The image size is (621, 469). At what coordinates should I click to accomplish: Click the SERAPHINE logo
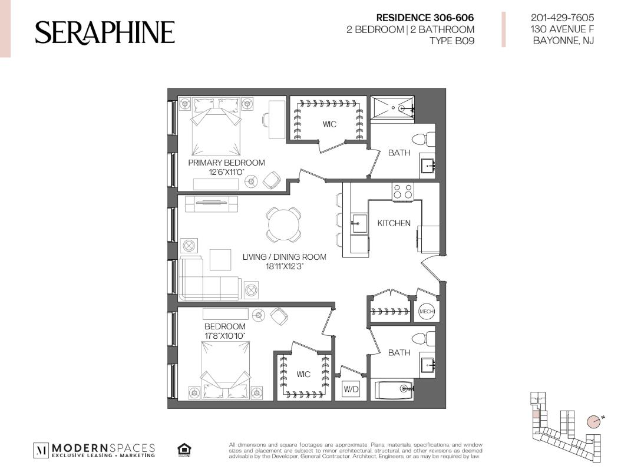[x=105, y=32]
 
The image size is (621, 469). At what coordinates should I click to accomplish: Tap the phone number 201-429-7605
[x=562, y=18]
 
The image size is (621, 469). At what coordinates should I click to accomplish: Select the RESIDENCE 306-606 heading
[x=425, y=18]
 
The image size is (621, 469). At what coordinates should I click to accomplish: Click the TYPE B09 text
[x=452, y=41]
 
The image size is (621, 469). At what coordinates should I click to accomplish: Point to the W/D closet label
[x=351, y=389]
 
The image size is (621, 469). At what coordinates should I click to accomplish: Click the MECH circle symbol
[x=427, y=311]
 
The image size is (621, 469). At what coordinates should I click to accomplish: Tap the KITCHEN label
[x=394, y=223]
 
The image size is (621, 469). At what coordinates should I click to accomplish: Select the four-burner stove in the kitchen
[x=403, y=191]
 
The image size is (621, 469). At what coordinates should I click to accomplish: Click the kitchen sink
[x=359, y=224]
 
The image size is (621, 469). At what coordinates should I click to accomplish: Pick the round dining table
[x=283, y=224]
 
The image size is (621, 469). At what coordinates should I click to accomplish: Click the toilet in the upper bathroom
[x=424, y=140]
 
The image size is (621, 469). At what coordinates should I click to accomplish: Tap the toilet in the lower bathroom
[x=424, y=339]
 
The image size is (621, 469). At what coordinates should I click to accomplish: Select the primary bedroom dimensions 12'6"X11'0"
[x=226, y=172]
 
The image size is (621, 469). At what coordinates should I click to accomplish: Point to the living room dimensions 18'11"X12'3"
[x=285, y=266]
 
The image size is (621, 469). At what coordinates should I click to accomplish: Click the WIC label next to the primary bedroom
[x=329, y=124]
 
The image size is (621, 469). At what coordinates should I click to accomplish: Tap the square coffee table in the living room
[x=220, y=260]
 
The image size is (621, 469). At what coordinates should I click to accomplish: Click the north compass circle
[x=593, y=421]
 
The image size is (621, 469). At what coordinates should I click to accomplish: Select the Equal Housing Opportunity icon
[x=184, y=450]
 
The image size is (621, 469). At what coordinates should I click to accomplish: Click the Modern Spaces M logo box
[x=41, y=450]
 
